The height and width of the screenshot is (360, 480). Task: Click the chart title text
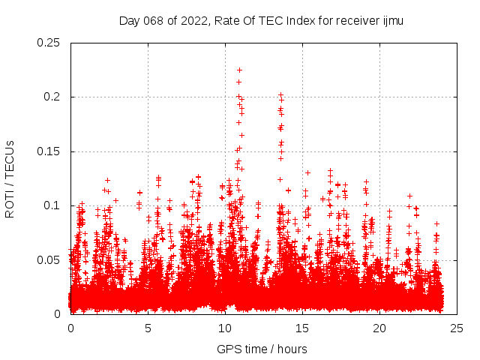pos(261,20)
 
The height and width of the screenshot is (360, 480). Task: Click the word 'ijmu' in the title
pos(392,20)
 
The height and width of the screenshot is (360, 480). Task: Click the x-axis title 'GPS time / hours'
pos(262,349)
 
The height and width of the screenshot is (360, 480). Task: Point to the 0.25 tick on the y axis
pos(49,43)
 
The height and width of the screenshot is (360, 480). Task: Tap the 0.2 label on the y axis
pos(52,97)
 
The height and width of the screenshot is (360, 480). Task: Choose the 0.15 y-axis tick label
pos(49,151)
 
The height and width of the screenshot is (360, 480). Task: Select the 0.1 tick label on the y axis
pos(52,205)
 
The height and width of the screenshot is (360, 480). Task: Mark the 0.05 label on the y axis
pos(49,260)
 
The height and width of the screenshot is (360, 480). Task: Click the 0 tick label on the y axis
pos(58,314)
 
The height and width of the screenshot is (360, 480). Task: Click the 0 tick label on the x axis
pos(70,328)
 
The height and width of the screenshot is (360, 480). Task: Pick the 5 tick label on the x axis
pos(148,328)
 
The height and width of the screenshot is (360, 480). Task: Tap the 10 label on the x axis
pos(225,328)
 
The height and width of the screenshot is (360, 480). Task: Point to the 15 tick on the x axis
pos(302,328)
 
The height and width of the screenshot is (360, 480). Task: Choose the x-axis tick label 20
pos(379,328)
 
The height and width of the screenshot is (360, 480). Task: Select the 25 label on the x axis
pos(457,328)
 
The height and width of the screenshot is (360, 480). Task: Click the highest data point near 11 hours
pos(239,70)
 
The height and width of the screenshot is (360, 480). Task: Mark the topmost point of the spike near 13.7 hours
pos(280,95)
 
